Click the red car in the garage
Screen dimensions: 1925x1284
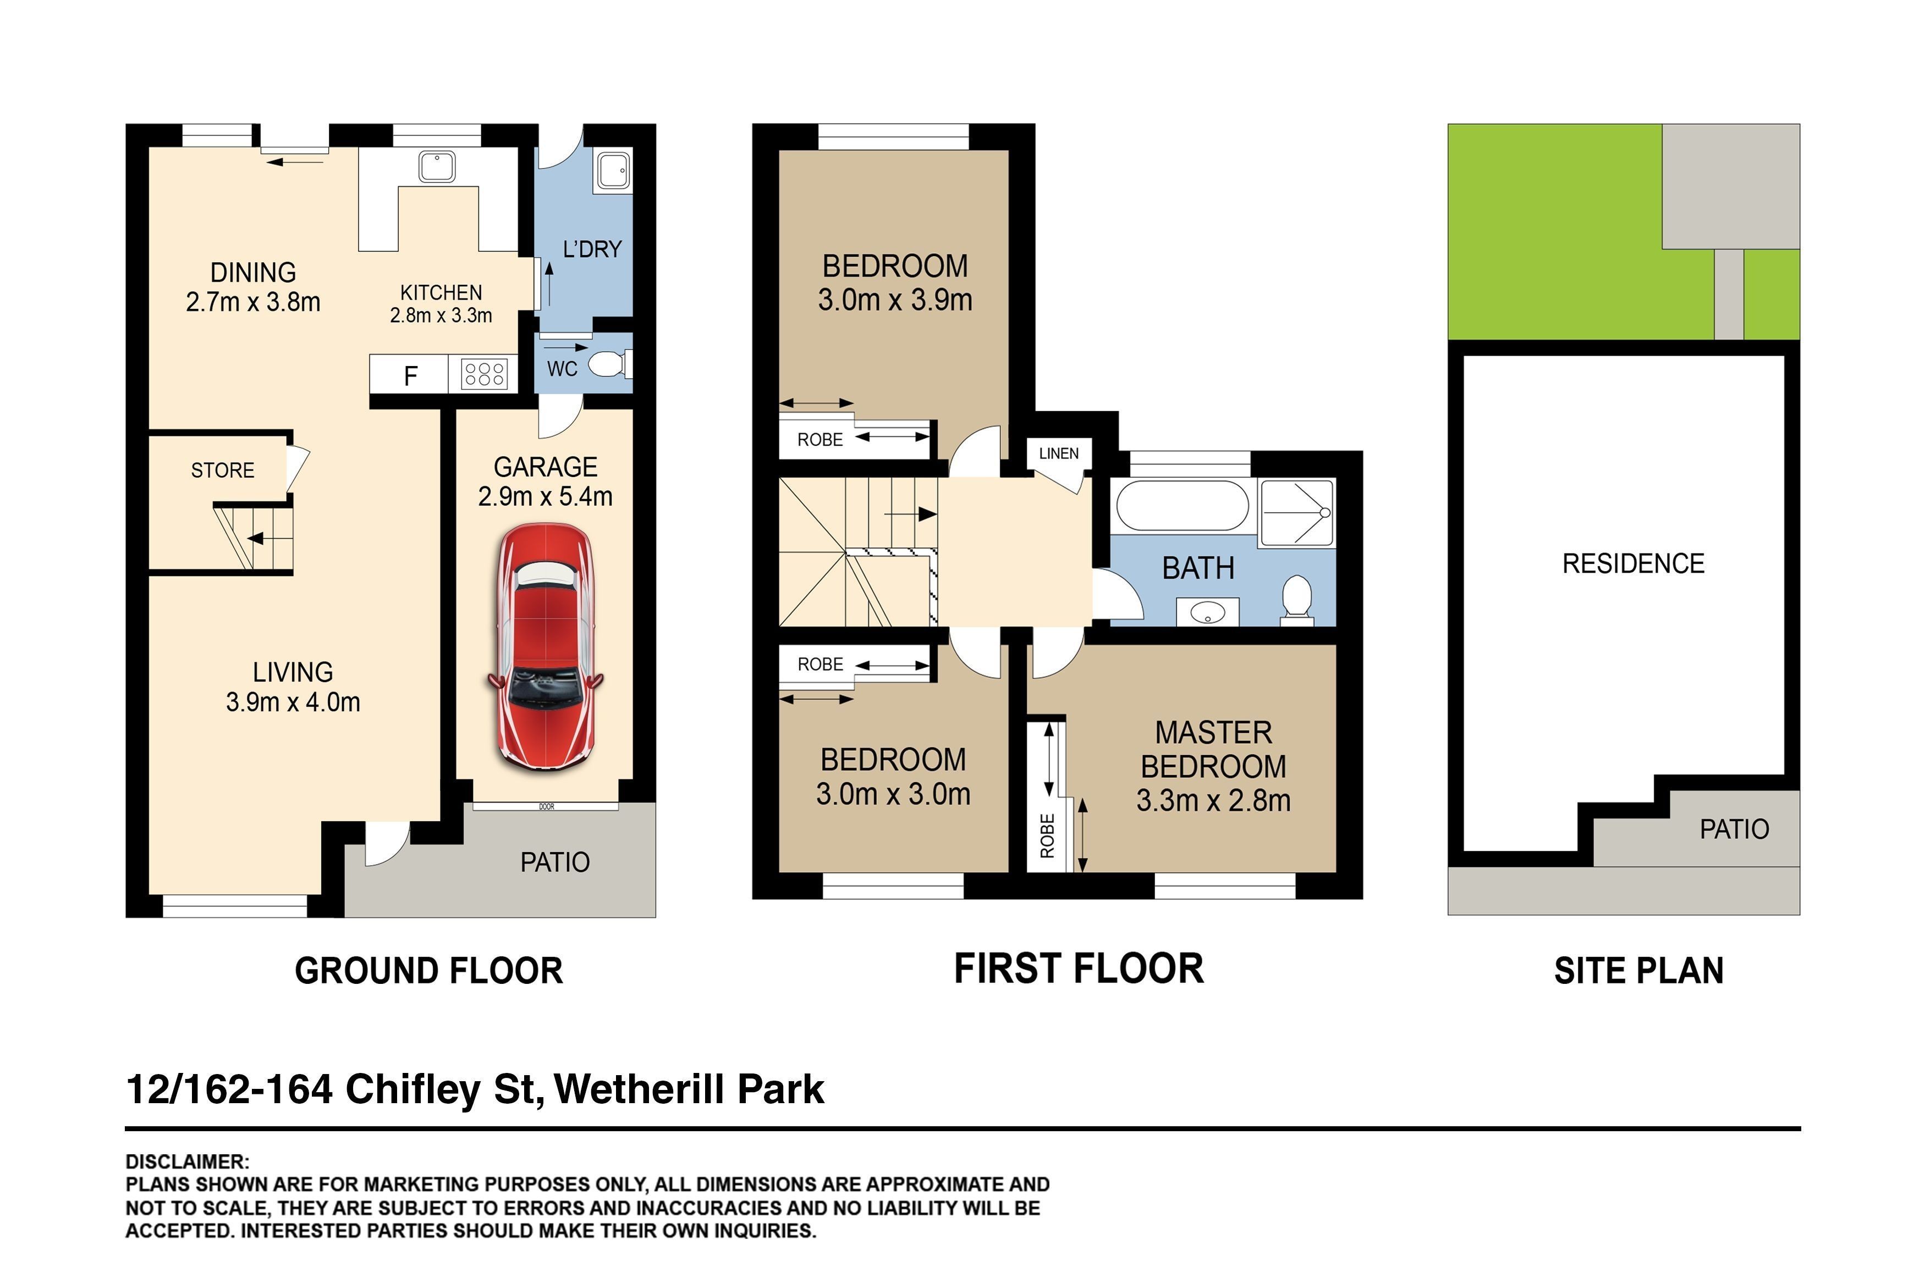[546, 647]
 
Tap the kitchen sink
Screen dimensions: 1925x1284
[437, 167]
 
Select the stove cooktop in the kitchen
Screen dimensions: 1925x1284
[483, 375]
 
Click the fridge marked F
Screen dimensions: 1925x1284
[410, 375]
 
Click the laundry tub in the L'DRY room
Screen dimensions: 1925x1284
[613, 171]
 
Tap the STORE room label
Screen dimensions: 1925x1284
[223, 470]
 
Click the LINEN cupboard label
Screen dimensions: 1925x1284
[1058, 453]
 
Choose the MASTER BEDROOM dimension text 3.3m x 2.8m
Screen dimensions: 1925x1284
[1213, 800]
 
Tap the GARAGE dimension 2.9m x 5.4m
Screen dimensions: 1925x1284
[546, 496]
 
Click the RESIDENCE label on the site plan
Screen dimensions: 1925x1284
[1634, 563]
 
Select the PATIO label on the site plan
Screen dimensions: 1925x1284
[1734, 829]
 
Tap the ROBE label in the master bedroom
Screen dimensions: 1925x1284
[1047, 835]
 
